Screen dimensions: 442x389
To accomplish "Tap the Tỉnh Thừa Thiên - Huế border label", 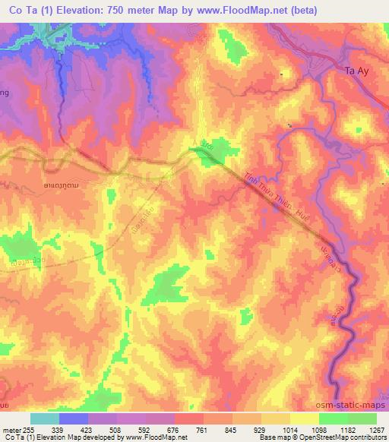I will pos(270,191).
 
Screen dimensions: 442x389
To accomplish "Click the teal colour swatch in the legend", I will pos(45,418).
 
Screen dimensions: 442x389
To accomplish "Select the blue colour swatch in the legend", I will pos(74,418).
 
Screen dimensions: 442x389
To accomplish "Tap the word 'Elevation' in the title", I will pos(80,11).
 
